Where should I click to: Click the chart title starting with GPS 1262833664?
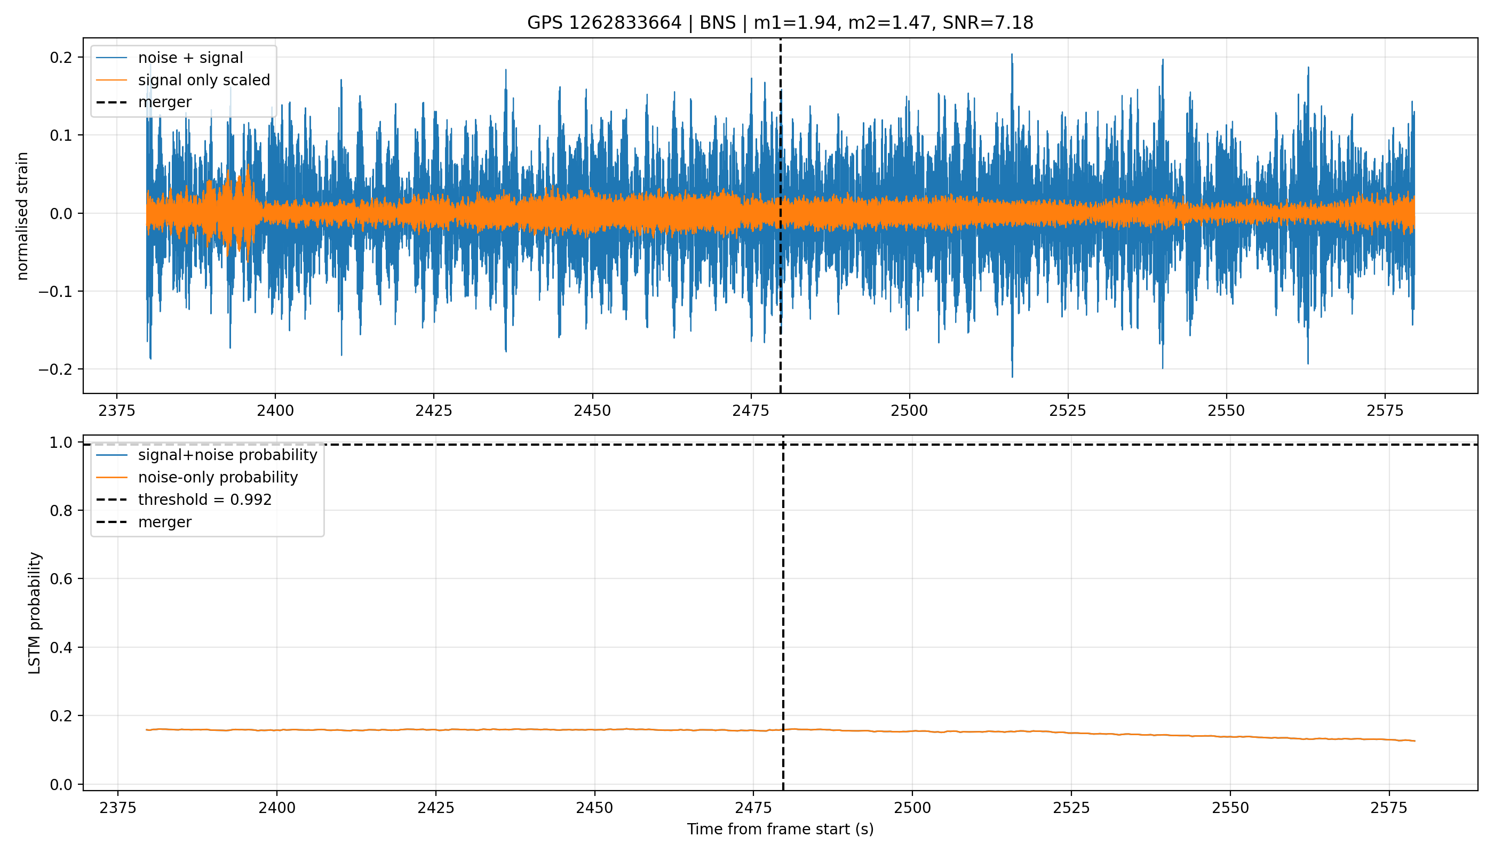pyautogui.click(x=780, y=22)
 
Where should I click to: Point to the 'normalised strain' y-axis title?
pyautogui.click(x=22, y=215)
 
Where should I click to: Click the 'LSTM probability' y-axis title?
pyautogui.click(x=35, y=613)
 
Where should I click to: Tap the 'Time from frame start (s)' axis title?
pyautogui.click(x=781, y=829)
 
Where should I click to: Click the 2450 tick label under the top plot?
pyautogui.click(x=592, y=410)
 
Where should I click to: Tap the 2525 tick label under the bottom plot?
pyautogui.click(x=1071, y=808)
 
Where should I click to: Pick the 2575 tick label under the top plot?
pyautogui.click(x=1385, y=410)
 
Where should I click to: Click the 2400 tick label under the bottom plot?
pyautogui.click(x=277, y=808)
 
